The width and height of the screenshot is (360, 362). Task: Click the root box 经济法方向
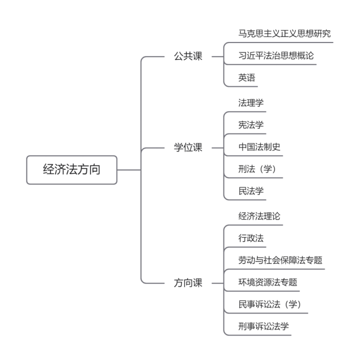pyautogui.click(x=72, y=170)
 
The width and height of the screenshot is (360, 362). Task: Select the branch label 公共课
pyautogui.click(x=188, y=56)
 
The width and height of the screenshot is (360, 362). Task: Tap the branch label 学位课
pyautogui.click(x=188, y=147)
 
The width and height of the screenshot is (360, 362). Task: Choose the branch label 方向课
pyautogui.click(x=188, y=283)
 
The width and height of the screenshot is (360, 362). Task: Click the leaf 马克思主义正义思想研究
pyautogui.click(x=284, y=33)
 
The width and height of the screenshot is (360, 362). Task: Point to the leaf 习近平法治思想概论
pyautogui.click(x=276, y=55)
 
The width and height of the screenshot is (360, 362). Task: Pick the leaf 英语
pyautogui.click(x=246, y=77)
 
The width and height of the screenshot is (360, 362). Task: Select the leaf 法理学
pyautogui.click(x=251, y=103)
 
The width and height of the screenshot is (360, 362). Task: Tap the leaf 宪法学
pyautogui.click(x=251, y=125)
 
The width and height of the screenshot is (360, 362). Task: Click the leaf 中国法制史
pyautogui.click(x=259, y=147)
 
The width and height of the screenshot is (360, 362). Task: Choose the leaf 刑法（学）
pyautogui.click(x=257, y=169)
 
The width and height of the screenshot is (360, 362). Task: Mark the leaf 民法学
pyautogui.click(x=251, y=191)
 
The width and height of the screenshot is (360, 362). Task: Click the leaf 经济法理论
pyautogui.click(x=259, y=216)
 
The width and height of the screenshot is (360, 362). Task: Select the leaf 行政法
pyautogui.click(x=251, y=238)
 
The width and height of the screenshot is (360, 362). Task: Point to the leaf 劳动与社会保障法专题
pyautogui.click(x=280, y=260)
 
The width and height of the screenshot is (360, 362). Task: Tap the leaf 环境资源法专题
pyautogui.click(x=267, y=282)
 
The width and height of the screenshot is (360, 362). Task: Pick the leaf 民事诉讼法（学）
pyautogui.click(x=269, y=304)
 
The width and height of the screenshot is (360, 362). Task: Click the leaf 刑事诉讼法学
pyautogui.click(x=263, y=326)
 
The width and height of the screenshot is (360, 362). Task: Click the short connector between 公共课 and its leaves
pyautogui.click(x=217, y=56)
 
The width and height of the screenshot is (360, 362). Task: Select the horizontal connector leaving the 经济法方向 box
pyautogui.click(x=129, y=170)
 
